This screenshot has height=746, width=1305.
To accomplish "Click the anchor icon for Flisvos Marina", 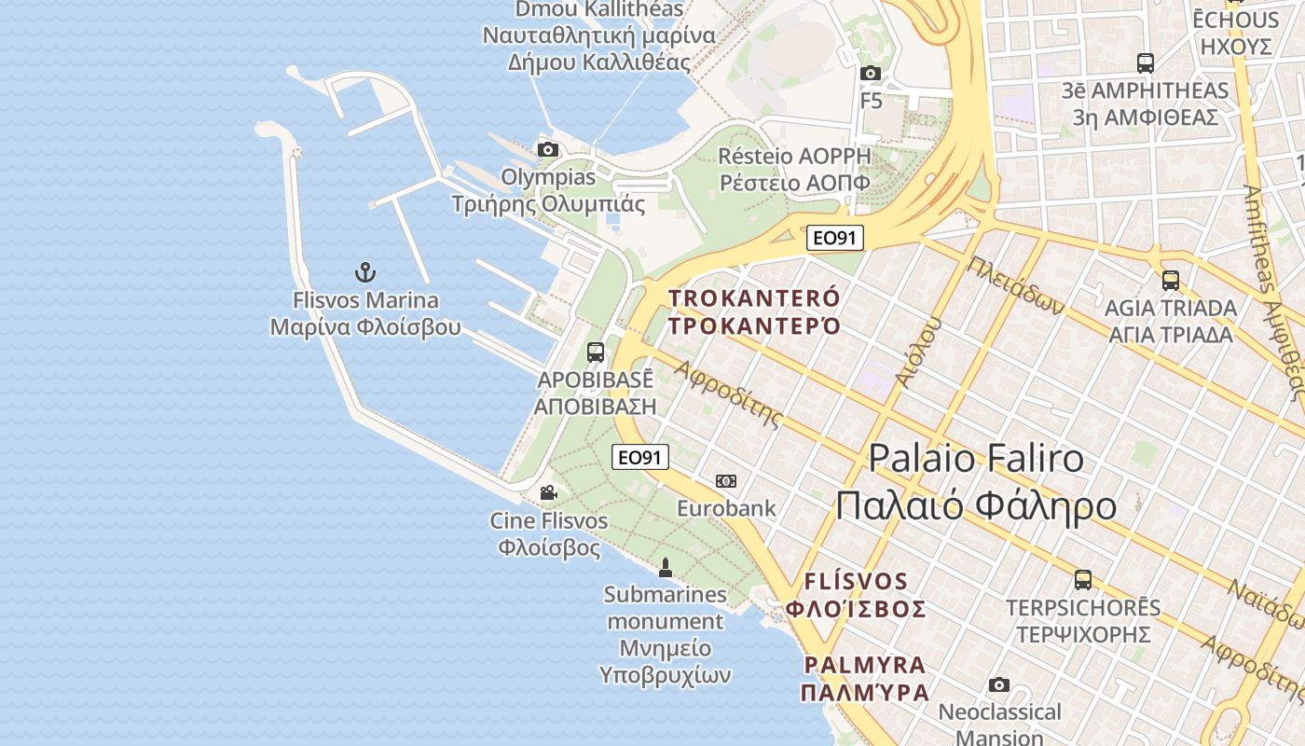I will [x=365, y=272].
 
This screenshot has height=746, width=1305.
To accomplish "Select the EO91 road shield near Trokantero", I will [x=834, y=238].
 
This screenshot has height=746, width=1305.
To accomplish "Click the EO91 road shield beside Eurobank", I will [x=640, y=457].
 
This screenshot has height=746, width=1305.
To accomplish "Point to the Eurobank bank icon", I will [x=726, y=481].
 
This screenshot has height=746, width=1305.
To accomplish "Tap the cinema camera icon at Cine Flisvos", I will [x=548, y=492].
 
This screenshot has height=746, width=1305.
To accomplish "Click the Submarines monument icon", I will [x=666, y=567].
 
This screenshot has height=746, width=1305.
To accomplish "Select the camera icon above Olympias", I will [x=548, y=149].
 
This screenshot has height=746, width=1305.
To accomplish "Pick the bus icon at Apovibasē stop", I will [x=596, y=352].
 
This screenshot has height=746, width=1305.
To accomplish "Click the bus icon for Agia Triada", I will [x=1171, y=280].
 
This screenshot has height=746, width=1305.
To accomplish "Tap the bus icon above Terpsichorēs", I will [x=1083, y=580].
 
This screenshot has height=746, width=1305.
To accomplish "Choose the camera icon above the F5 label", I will [x=871, y=73].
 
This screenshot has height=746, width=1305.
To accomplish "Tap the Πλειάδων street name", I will [x=1014, y=284].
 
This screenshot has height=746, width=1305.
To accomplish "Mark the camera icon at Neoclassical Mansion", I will [x=999, y=685].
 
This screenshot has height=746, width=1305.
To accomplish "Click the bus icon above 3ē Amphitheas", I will [x=1146, y=63].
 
